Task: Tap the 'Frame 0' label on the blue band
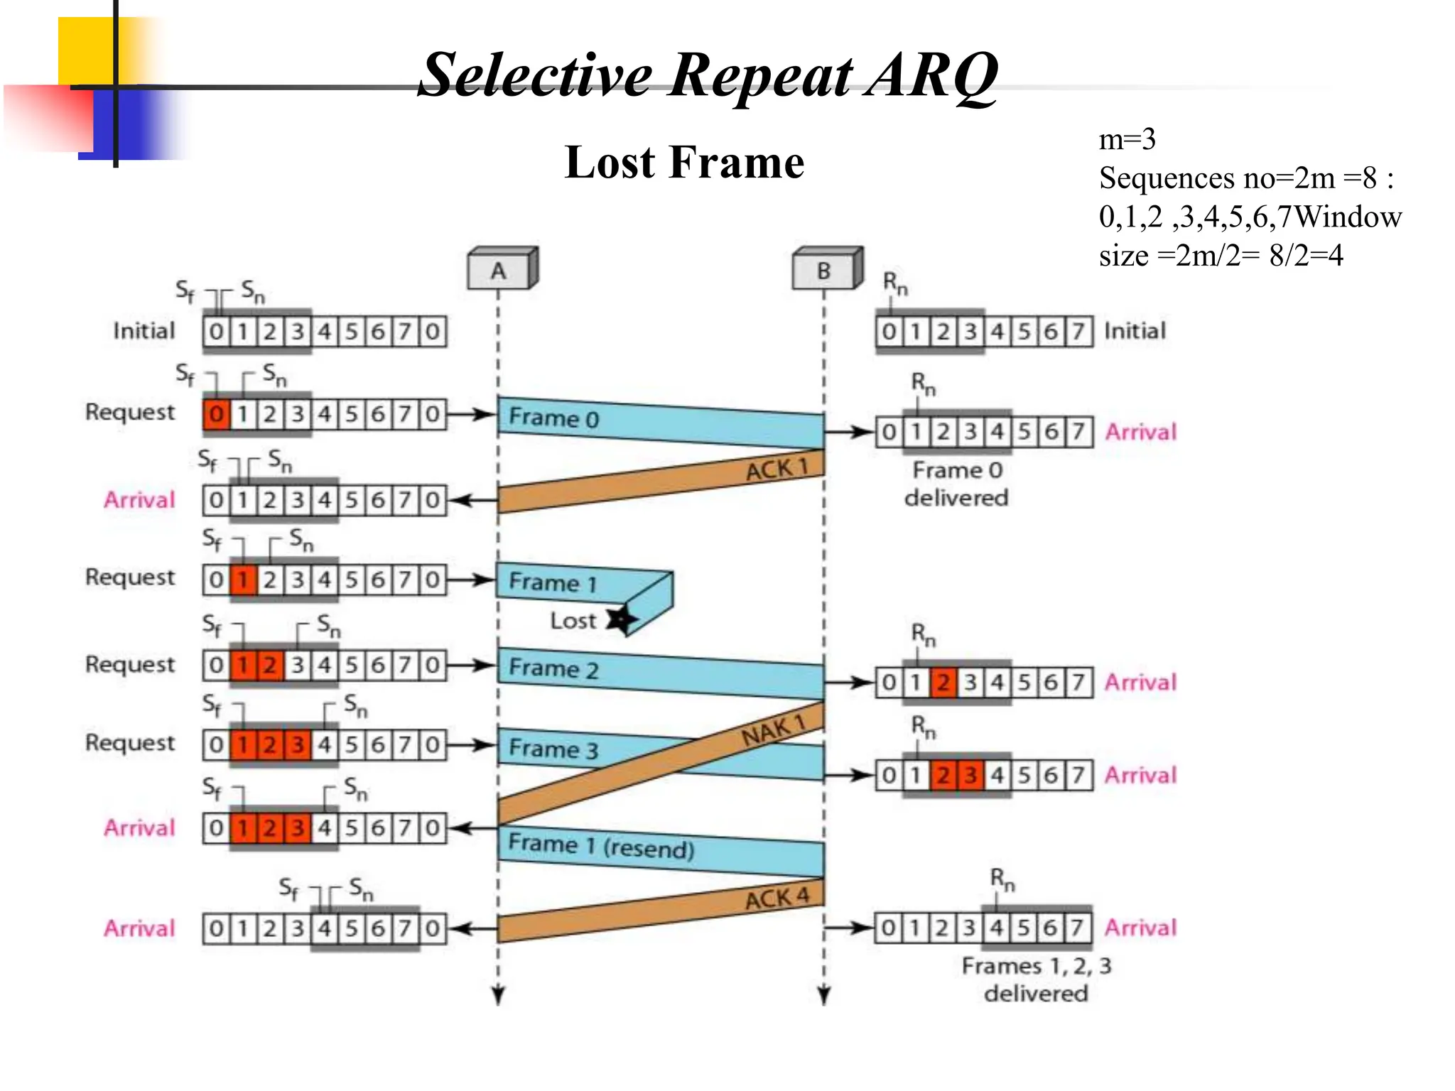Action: click(x=553, y=418)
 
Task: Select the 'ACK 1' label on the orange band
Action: click(x=777, y=469)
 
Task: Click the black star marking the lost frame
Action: click(x=620, y=619)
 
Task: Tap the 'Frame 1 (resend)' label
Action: click(x=601, y=846)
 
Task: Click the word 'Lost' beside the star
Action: click(x=573, y=621)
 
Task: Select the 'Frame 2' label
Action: click(x=553, y=668)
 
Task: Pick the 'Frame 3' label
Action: click(x=553, y=749)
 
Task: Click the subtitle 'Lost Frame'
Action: click(x=684, y=162)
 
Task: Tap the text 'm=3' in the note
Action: click(x=1127, y=139)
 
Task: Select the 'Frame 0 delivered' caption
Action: click(x=956, y=484)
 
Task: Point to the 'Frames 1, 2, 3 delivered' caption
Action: click(x=1036, y=979)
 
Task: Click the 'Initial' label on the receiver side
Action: click(x=1135, y=331)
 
